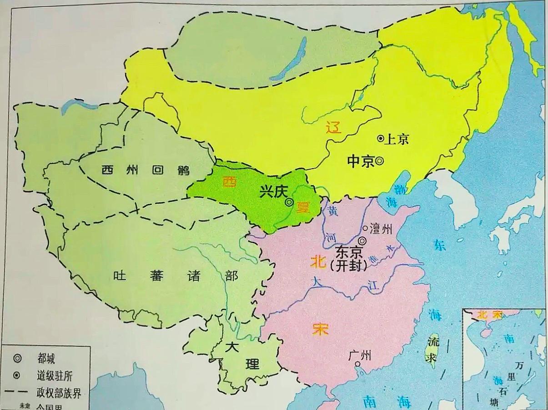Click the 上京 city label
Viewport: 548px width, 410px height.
click(x=397, y=139)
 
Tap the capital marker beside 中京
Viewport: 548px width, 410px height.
click(x=379, y=160)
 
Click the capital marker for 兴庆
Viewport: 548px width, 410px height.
click(x=289, y=203)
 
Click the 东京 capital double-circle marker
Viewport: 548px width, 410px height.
click(x=362, y=241)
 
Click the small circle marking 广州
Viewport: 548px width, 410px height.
click(x=357, y=364)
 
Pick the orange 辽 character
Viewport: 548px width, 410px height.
click(x=333, y=129)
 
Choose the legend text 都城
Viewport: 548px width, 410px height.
click(x=46, y=359)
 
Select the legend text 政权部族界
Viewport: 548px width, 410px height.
click(x=59, y=393)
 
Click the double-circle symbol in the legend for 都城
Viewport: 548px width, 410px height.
click(x=18, y=359)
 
